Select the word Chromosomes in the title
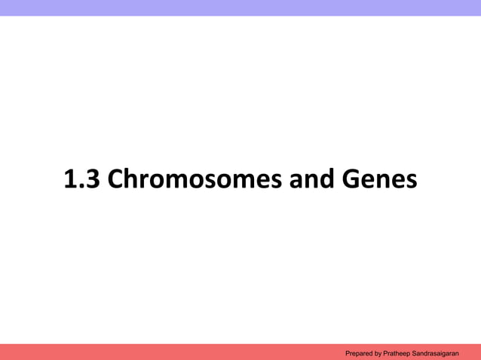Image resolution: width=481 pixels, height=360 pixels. (192, 181)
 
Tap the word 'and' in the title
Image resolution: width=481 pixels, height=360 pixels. (305, 181)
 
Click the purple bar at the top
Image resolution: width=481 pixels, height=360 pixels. (240, 8)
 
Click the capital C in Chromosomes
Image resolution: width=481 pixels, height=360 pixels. (117, 181)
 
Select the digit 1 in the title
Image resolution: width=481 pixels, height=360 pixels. (70, 181)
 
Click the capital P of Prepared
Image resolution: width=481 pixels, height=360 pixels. (347, 352)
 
